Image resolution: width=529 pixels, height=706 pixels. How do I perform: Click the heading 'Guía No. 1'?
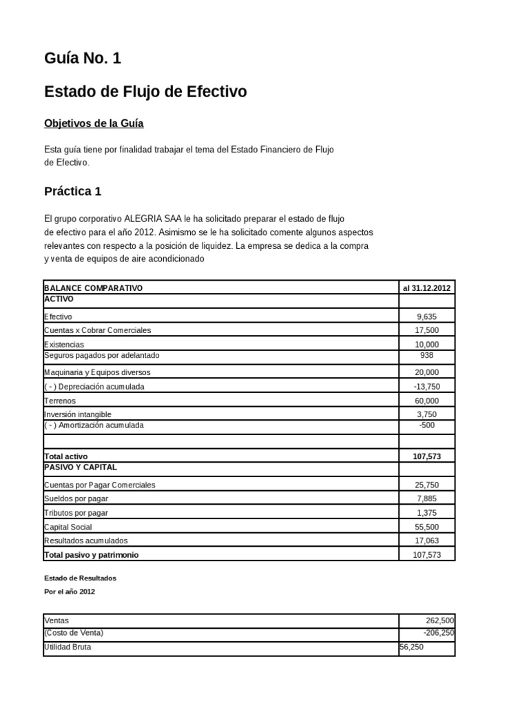tap(83, 59)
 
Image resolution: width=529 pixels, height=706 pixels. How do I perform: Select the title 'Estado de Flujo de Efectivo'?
tap(145, 92)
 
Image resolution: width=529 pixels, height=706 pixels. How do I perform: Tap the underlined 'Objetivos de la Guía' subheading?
tap(94, 123)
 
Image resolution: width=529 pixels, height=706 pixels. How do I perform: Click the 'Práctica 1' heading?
tap(72, 191)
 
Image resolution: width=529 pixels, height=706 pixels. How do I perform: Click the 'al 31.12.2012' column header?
tap(426, 288)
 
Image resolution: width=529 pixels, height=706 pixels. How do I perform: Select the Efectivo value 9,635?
tap(426, 316)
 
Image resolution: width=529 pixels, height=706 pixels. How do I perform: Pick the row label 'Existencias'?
tap(64, 344)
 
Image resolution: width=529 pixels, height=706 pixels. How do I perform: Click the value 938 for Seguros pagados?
tap(426, 356)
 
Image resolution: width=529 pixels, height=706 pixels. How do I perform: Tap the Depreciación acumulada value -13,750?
tap(426, 387)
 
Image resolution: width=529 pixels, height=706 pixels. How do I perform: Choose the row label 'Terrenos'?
tap(60, 401)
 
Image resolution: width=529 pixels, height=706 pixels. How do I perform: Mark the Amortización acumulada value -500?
tap(426, 426)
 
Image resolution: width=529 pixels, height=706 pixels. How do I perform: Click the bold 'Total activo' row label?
tap(66, 456)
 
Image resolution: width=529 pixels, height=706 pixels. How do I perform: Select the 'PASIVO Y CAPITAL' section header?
tap(80, 467)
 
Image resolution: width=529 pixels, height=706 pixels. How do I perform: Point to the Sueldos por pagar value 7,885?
tap(426, 499)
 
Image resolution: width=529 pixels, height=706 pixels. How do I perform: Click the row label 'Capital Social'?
tap(68, 527)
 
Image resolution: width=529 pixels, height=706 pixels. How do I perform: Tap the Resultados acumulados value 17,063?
tap(426, 541)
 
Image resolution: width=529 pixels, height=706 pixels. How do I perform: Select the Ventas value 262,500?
tap(440, 621)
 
